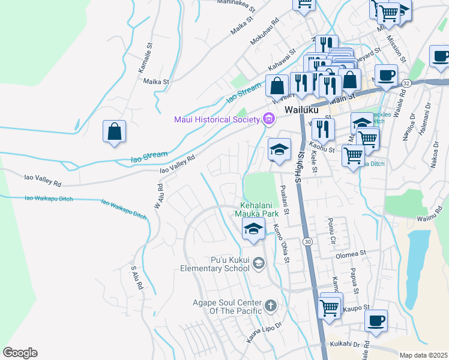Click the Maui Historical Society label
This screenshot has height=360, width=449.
(217, 119)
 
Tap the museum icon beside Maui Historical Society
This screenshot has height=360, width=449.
(268, 119)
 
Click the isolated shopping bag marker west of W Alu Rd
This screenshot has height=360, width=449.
(114, 131)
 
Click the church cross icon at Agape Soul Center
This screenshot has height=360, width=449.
(271, 306)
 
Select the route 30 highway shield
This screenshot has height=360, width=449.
(308, 241)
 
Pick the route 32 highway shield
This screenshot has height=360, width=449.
(406, 83)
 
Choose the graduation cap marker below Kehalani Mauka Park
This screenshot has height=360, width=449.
(253, 229)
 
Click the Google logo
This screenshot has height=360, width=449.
(20, 353)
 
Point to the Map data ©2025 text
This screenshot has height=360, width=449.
(423, 355)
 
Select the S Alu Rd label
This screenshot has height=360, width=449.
(136, 280)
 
